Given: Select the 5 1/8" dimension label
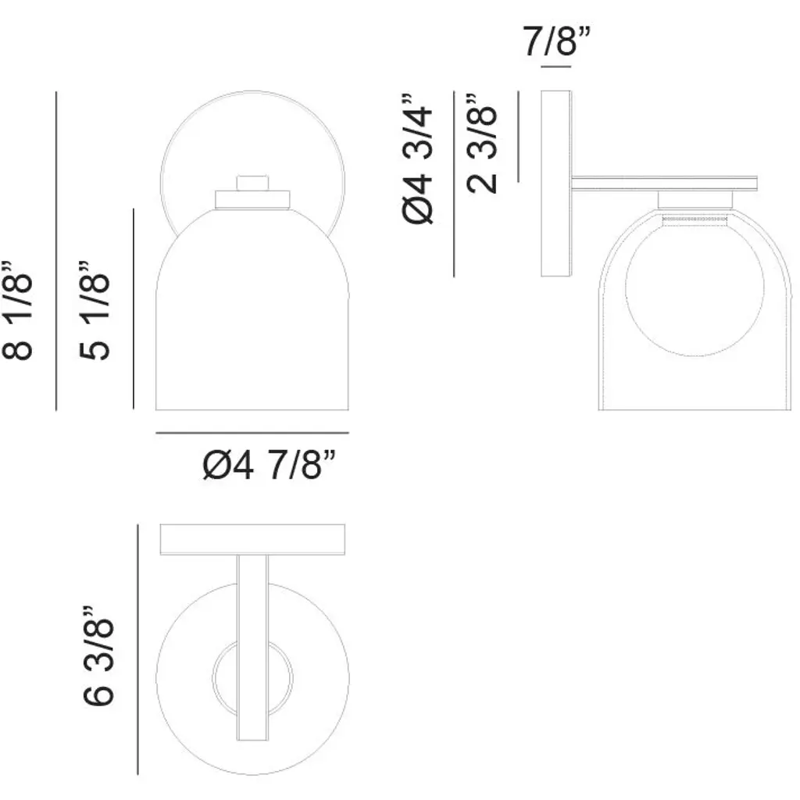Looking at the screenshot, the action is coord(95,310).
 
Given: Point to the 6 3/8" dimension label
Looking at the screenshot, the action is coord(98,656).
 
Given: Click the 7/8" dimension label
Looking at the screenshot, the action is coord(556,41).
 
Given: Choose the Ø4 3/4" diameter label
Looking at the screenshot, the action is coord(417,159).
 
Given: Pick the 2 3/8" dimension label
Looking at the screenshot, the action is coord(481,144).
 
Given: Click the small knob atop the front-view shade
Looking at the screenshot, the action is coord(252,183).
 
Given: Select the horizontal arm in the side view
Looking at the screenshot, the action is coord(664,184).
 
